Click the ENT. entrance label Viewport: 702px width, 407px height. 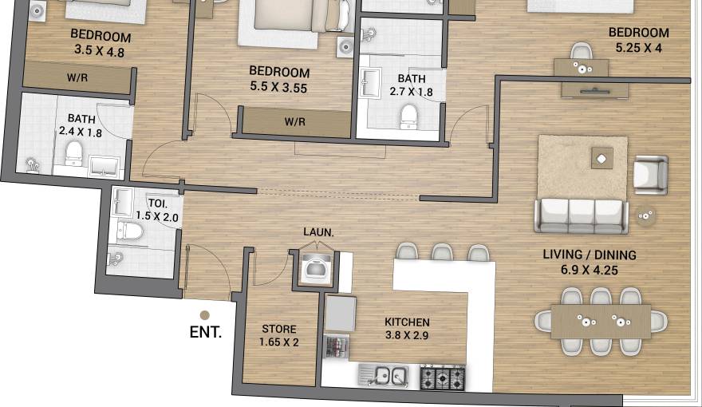[x=206, y=332]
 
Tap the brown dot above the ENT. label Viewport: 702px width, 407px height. [x=205, y=315]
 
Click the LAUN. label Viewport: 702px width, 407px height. [x=318, y=232]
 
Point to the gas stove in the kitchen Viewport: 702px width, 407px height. [x=443, y=376]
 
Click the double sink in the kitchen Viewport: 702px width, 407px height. [x=384, y=374]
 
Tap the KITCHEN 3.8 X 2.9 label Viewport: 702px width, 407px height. [x=407, y=329]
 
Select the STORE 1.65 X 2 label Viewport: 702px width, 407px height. [x=278, y=335]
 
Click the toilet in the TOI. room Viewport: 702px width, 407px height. [x=128, y=231]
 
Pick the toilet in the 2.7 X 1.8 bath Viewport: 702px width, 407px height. [x=408, y=117]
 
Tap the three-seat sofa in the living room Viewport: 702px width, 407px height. [x=582, y=215]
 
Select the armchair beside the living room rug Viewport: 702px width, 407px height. [x=650, y=173]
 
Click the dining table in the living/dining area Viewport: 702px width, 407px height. [x=601, y=322]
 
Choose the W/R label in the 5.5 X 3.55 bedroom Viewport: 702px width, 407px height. [x=296, y=122]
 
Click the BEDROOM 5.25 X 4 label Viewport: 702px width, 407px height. [x=639, y=39]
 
